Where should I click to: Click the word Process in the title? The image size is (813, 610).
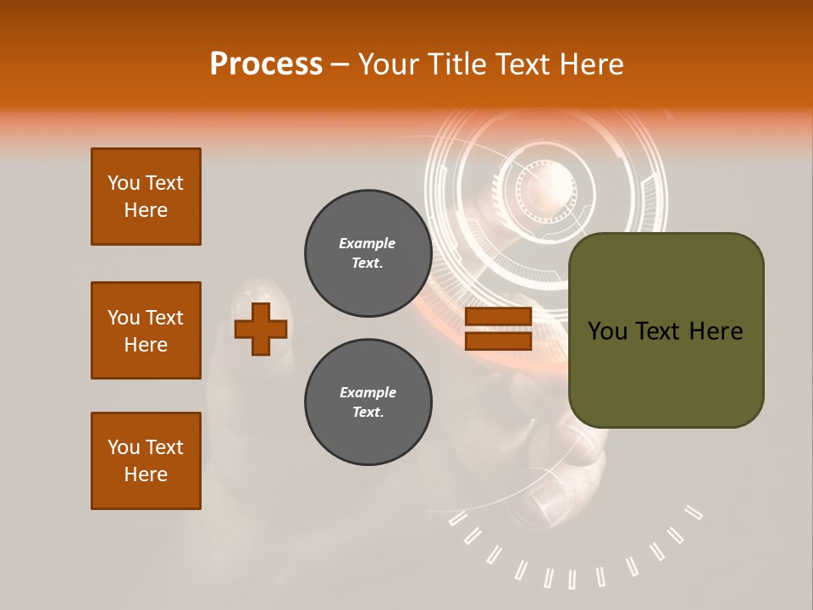point(266,64)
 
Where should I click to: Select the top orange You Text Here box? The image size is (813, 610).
point(146,197)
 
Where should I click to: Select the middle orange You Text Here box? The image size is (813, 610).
point(146,330)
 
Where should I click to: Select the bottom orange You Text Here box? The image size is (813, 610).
point(146,461)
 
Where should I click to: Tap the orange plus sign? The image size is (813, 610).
point(261,329)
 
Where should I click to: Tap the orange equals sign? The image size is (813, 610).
point(498,329)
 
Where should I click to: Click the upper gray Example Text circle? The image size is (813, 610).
point(368,253)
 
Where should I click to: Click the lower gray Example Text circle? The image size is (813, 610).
point(368,402)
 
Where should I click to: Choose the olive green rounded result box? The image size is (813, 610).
point(666,330)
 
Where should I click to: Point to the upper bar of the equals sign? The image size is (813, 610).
point(498,317)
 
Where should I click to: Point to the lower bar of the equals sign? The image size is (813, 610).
point(498,341)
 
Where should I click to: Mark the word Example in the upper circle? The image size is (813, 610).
point(368,243)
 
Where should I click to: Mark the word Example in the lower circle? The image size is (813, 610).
point(368,392)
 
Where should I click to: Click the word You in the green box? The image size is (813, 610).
point(607,331)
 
